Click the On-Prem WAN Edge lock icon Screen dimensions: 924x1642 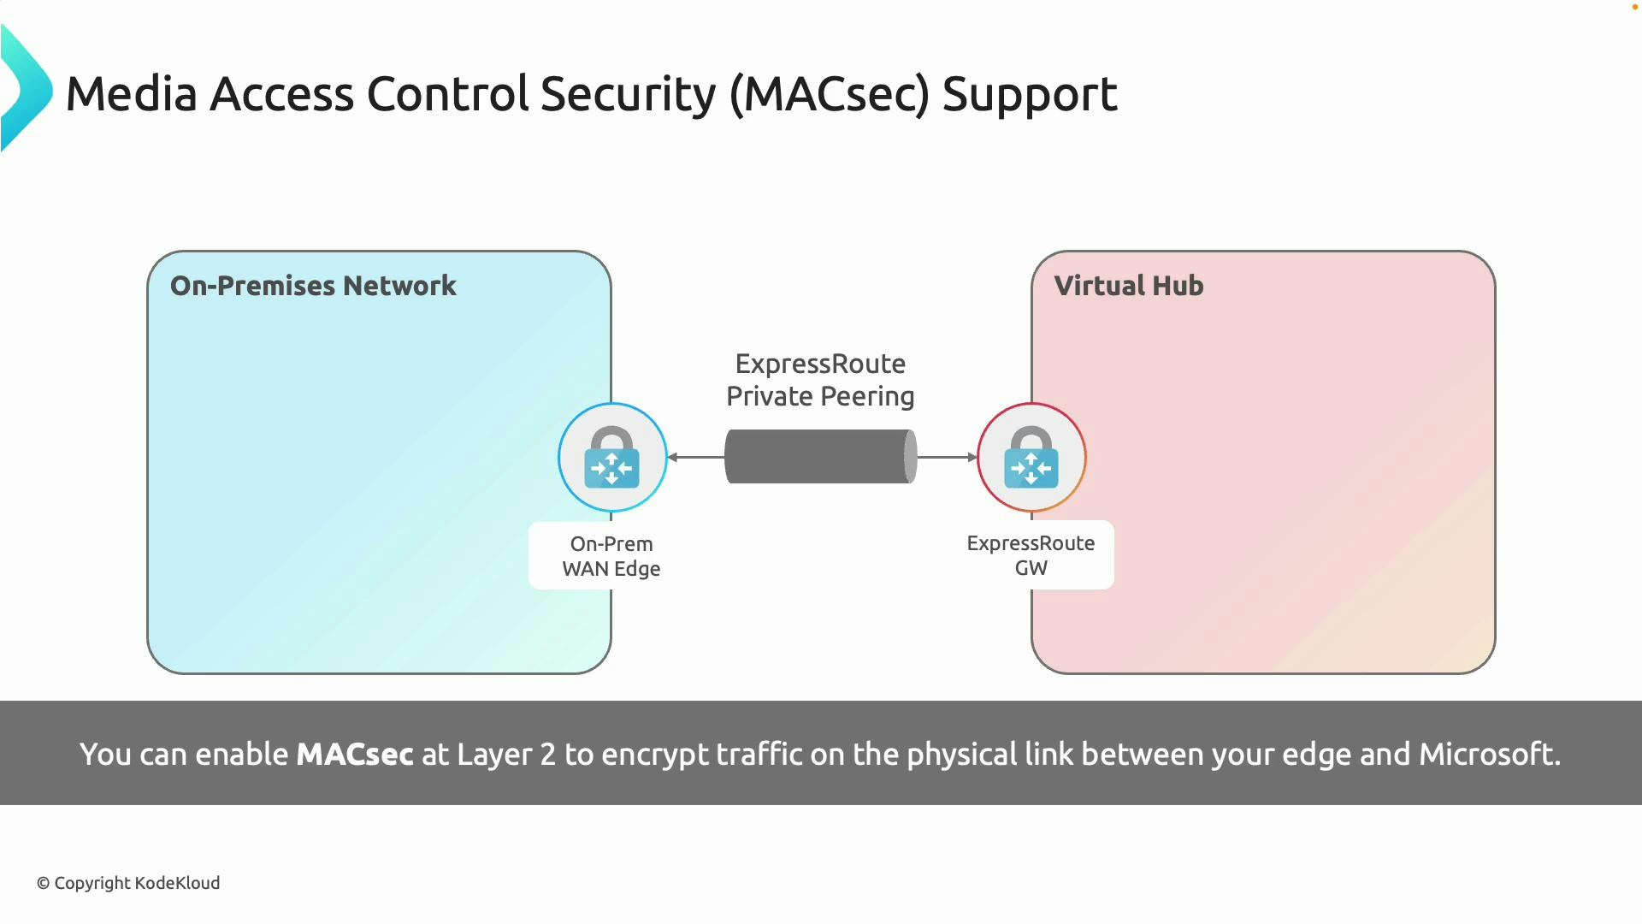point(612,458)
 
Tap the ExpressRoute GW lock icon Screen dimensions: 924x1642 point(1031,458)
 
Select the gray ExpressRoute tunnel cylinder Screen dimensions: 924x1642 point(820,457)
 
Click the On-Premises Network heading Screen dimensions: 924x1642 point(313,286)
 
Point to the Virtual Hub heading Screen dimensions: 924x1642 point(1128,286)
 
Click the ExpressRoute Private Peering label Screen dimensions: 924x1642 point(820,380)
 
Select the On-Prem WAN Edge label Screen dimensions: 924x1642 point(611,556)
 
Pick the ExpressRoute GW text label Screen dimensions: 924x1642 point(1031,555)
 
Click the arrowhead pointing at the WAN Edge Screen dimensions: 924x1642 point(673,458)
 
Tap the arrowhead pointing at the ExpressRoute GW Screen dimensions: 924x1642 point(972,458)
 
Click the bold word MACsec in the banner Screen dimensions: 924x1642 point(354,755)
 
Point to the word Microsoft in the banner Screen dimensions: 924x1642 point(1489,755)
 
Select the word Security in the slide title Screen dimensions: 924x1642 point(628,94)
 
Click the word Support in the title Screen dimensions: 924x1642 point(1029,94)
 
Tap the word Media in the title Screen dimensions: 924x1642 point(132,94)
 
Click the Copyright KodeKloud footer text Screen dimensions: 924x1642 point(128,883)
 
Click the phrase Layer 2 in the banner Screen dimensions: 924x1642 point(506,755)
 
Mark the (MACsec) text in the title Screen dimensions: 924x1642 point(829,94)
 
